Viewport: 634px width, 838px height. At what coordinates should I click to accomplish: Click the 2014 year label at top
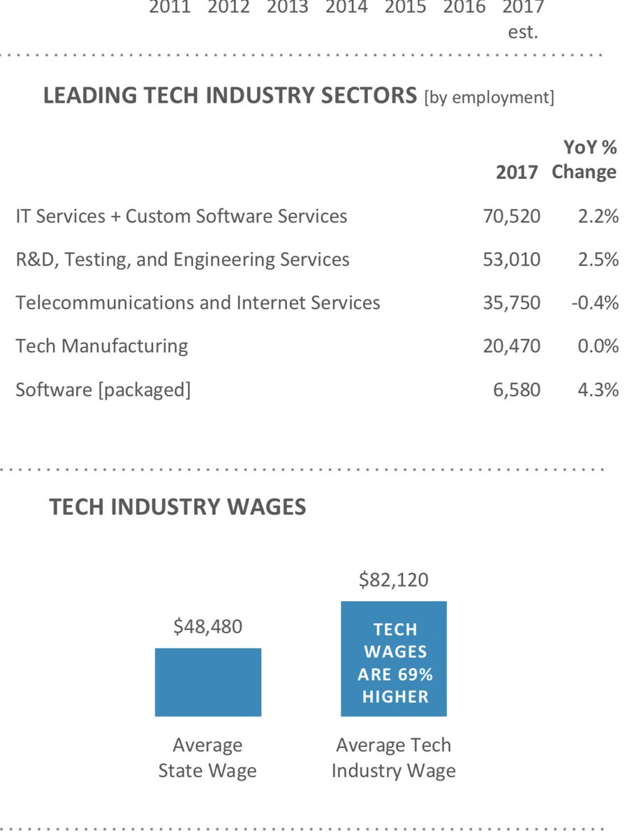coord(347,8)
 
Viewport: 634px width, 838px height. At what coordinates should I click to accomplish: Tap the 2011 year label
coord(170,8)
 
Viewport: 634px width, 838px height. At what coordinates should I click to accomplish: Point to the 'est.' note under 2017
coord(523,32)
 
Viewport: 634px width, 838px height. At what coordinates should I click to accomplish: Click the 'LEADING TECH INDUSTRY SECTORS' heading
coord(230,96)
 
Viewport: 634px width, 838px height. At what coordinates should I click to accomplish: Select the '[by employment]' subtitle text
coord(489,98)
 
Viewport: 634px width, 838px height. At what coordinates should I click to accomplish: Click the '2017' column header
coord(517,172)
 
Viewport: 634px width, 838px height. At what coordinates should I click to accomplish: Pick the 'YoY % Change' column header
coord(585,160)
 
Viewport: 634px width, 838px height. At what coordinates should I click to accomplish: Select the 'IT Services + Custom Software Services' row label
coord(182,216)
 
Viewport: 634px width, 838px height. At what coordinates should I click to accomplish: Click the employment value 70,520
coord(511,216)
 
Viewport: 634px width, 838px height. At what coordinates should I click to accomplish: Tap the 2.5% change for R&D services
coord(598,260)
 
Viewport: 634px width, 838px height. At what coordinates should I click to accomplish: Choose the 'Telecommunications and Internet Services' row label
coord(198,303)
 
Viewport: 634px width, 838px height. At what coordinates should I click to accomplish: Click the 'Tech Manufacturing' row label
coord(102,346)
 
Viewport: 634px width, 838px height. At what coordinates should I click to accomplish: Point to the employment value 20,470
coord(511,346)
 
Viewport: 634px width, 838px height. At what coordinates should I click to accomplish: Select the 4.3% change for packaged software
coord(598,389)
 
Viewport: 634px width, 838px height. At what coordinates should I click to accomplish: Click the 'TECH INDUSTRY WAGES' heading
coord(177,507)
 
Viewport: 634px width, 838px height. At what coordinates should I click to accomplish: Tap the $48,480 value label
coord(208,627)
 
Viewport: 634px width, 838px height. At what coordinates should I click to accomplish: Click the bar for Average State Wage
coord(208,682)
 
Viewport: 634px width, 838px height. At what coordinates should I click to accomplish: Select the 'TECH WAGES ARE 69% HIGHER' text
coord(395,663)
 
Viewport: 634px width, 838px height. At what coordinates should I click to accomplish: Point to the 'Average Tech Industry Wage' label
coord(394,758)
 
